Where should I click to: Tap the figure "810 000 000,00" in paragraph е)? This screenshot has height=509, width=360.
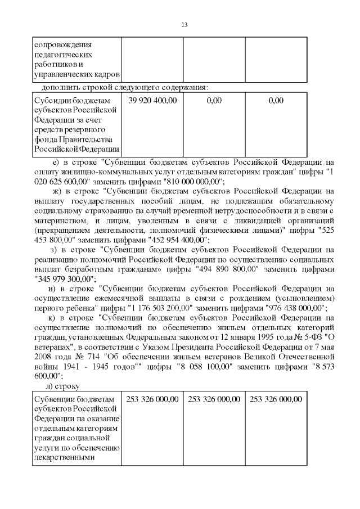click(x=193, y=181)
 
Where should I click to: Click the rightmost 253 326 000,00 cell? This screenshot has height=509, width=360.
click(x=276, y=399)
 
